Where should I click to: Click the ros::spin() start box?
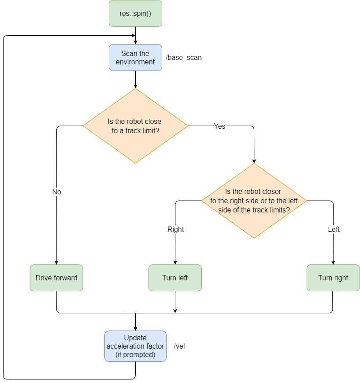135,13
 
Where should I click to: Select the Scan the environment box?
135,58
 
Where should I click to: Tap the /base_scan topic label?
183,58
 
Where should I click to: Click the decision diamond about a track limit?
135,126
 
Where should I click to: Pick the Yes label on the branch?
219,126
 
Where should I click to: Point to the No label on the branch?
56,192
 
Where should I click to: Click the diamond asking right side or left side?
254,201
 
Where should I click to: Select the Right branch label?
175,229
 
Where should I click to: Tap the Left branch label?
334,229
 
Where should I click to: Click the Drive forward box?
56,278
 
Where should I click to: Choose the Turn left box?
175,278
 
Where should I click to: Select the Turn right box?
333,278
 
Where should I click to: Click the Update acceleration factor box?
135,346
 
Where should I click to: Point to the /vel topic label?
179,346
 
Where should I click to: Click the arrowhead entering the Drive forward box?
56,262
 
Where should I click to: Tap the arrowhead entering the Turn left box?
175,262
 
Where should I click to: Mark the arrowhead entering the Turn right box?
333,262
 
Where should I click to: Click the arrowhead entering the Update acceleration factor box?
135,328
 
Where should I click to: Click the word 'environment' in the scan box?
135,62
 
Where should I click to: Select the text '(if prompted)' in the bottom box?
135,354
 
